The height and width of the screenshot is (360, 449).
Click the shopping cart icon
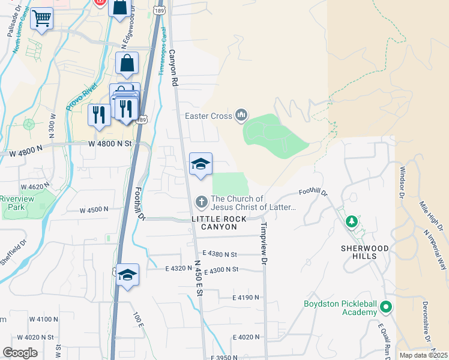click(41, 19)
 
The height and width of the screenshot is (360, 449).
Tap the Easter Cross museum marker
click(241, 114)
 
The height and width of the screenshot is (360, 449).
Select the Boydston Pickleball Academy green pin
click(385, 308)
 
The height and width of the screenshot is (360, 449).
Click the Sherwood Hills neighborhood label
click(365, 252)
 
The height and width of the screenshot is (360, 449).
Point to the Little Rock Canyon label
click(219, 223)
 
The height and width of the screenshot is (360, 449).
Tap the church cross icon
click(202, 200)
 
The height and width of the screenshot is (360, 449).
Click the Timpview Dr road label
click(263, 244)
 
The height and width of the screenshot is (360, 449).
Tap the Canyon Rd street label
click(175, 66)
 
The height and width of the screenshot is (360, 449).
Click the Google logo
click(20, 353)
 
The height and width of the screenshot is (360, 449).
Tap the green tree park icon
click(352, 222)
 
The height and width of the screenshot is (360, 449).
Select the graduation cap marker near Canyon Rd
click(200, 164)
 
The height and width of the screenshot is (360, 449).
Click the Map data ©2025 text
click(423, 355)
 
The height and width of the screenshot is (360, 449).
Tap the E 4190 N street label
click(246, 298)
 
